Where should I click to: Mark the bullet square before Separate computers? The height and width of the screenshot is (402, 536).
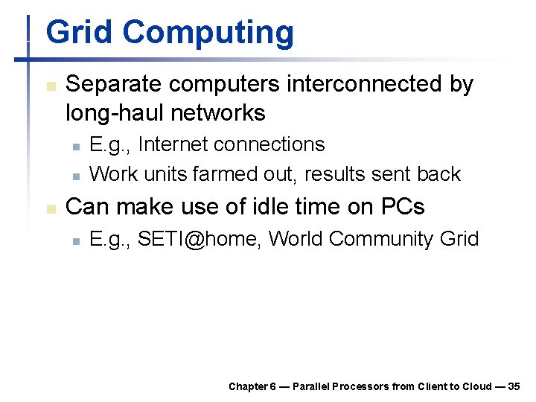pyautogui.click(x=50, y=86)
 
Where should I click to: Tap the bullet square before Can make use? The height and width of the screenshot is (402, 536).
pyautogui.click(x=50, y=208)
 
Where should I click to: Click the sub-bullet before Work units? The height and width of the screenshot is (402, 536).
pyautogui.click(x=75, y=176)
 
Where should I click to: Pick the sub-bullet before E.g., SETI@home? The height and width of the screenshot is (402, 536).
pyautogui.click(x=75, y=240)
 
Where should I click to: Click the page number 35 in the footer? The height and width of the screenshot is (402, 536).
pyautogui.click(x=514, y=386)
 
